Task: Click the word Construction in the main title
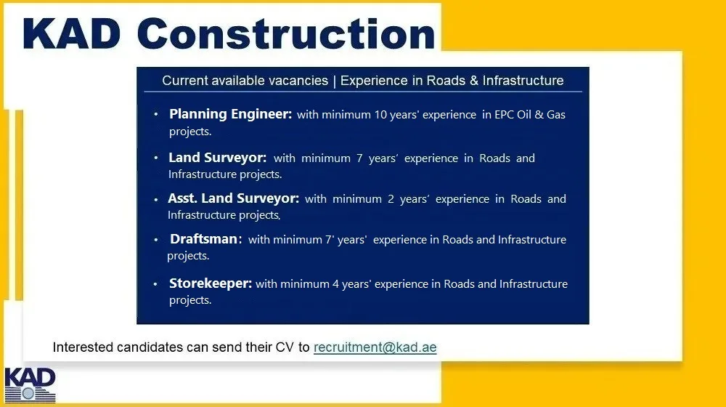coord(285,34)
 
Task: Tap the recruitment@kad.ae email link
coord(375,347)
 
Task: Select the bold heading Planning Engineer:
coord(230,115)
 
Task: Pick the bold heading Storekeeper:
coord(211,283)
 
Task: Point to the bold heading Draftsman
coord(204,239)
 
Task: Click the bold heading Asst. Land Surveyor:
coord(233,198)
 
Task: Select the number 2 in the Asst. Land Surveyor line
coord(380,199)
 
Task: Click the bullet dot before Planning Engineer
coord(156,115)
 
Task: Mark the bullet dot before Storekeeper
coord(155,284)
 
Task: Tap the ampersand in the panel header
coord(473,81)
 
